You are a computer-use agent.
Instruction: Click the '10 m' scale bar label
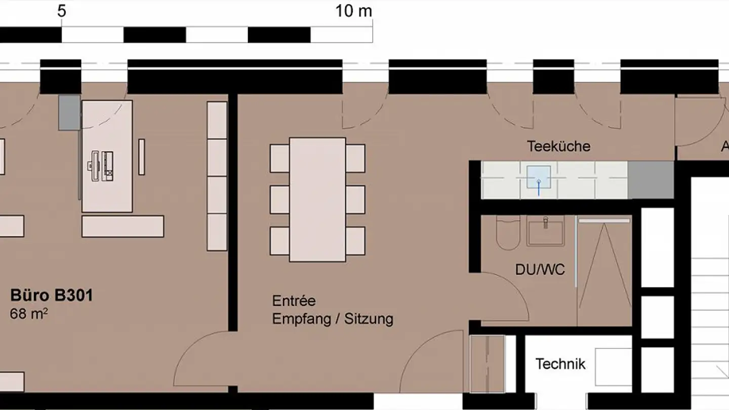pyautogui.click(x=353, y=11)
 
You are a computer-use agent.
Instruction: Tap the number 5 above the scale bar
pyautogui.click(x=61, y=11)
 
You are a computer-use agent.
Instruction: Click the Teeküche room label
pyautogui.click(x=558, y=146)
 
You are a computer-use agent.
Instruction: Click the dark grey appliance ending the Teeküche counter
pyautogui.click(x=651, y=180)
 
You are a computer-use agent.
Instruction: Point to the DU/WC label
pyautogui.click(x=540, y=269)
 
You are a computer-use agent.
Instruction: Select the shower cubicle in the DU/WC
pyautogui.click(x=604, y=271)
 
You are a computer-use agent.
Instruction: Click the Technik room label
pyautogui.click(x=560, y=363)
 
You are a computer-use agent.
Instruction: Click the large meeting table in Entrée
pyautogui.click(x=317, y=199)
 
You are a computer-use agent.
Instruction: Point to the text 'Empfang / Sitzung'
pyautogui.click(x=333, y=319)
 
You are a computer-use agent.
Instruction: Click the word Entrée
pyautogui.click(x=294, y=301)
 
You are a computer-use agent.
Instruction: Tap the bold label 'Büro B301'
pyautogui.click(x=52, y=295)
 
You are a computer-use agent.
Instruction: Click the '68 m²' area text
pyautogui.click(x=29, y=314)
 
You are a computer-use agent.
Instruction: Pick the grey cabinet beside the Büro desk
pyautogui.click(x=69, y=112)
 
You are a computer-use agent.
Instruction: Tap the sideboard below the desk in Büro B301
pyautogui.click(x=123, y=226)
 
